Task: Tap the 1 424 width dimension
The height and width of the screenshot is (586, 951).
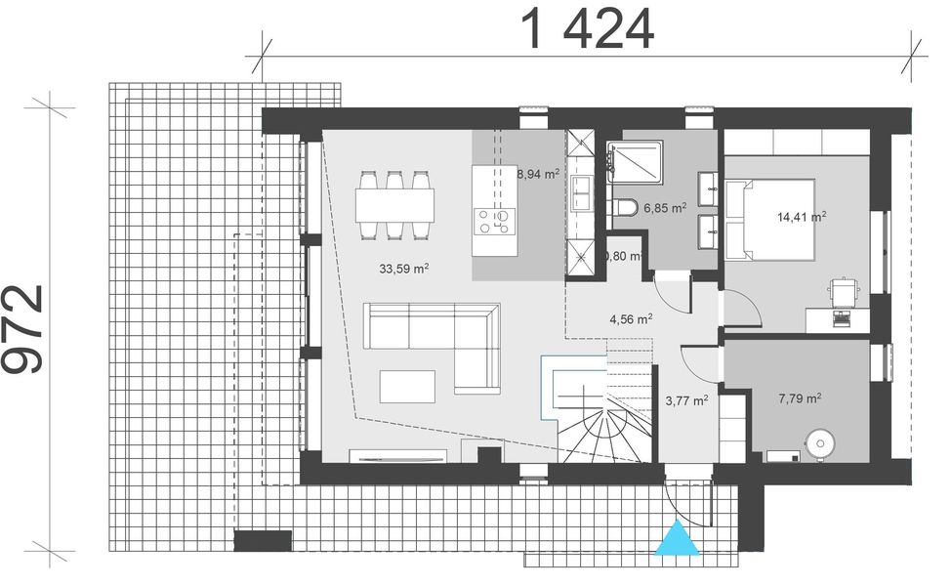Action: pos(589,30)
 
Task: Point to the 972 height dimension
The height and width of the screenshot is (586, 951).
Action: pos(23,329)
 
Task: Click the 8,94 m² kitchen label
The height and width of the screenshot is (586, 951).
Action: pos(538,175)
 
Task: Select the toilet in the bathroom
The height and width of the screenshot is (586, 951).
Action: pos(624,207)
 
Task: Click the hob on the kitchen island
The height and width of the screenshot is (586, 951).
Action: pos(494,221)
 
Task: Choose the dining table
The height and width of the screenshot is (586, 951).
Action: pos(394,204)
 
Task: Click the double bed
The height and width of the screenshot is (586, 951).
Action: pos(780,220)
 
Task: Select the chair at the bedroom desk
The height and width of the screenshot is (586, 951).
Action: pos(841,292)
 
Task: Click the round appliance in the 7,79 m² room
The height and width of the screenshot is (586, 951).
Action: pos(818,444)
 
